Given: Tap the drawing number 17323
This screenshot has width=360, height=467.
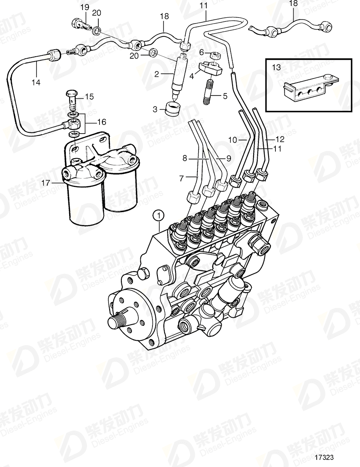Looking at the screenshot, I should [x=324, y=457].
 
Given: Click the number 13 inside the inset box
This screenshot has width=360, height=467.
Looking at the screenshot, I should [x=276, y=68].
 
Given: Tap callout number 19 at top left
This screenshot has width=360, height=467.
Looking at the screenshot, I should [x=85, y=7].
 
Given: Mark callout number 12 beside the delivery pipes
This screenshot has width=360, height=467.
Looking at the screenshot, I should [x=280, y=139].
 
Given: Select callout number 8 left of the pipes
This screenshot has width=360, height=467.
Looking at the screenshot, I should [x=185, y=159].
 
